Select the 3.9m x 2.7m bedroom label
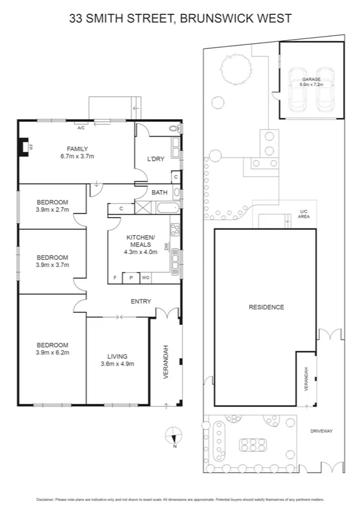tap(53, 206)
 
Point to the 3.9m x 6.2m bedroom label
tap(53, 349)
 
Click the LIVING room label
tap(117, 360)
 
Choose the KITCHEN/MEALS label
tap(141, 241)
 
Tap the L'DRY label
tap(156, 159)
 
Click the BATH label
tap(159, 192)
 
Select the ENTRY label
tap(141, 302)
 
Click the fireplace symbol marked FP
tap(23, 147)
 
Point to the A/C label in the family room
tap(81, 127)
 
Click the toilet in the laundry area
tap(174, 128)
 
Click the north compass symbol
tap(174, 435)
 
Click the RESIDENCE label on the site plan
tap(267, 307)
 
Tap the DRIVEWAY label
tap(322, 431)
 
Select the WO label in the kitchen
tap(146, 278)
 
